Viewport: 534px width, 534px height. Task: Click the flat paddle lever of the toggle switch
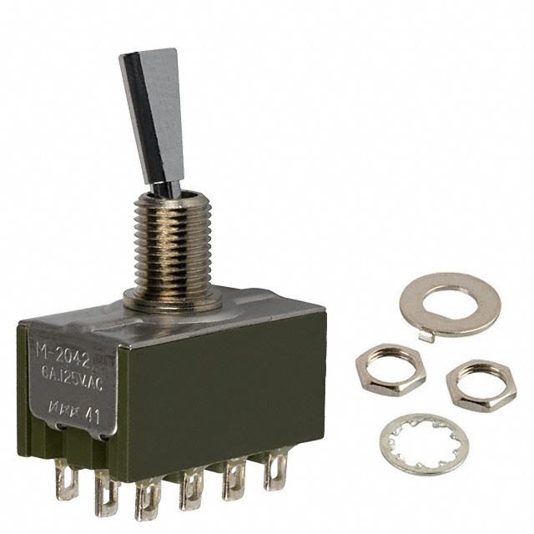click(153, 117)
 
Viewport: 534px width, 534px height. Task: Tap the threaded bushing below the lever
click(176, 242)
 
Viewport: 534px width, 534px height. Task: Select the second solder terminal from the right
click(234, 482)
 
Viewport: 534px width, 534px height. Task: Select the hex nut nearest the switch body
click(390, 370)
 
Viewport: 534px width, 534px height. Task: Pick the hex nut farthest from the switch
click(480, 383)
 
